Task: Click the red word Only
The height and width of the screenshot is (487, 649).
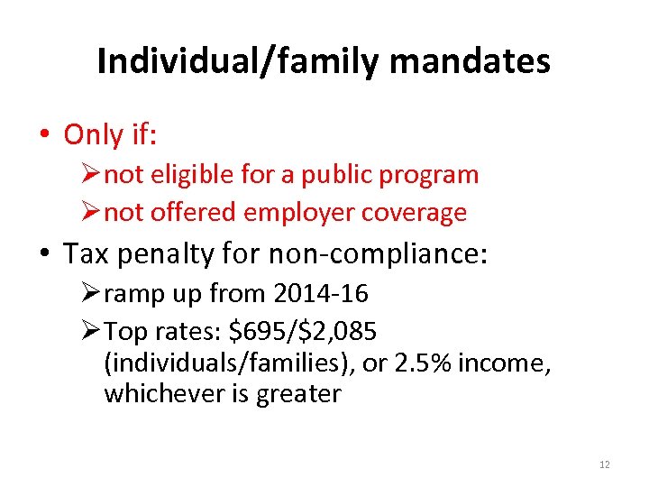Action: tap(94, 135)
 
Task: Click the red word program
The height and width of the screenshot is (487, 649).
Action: tap(431, 175)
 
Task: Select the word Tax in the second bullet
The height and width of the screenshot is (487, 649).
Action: tap(85, 254)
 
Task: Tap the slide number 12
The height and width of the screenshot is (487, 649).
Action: tap(604, 464)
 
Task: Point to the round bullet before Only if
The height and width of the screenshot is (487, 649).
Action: tap(44, 136)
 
